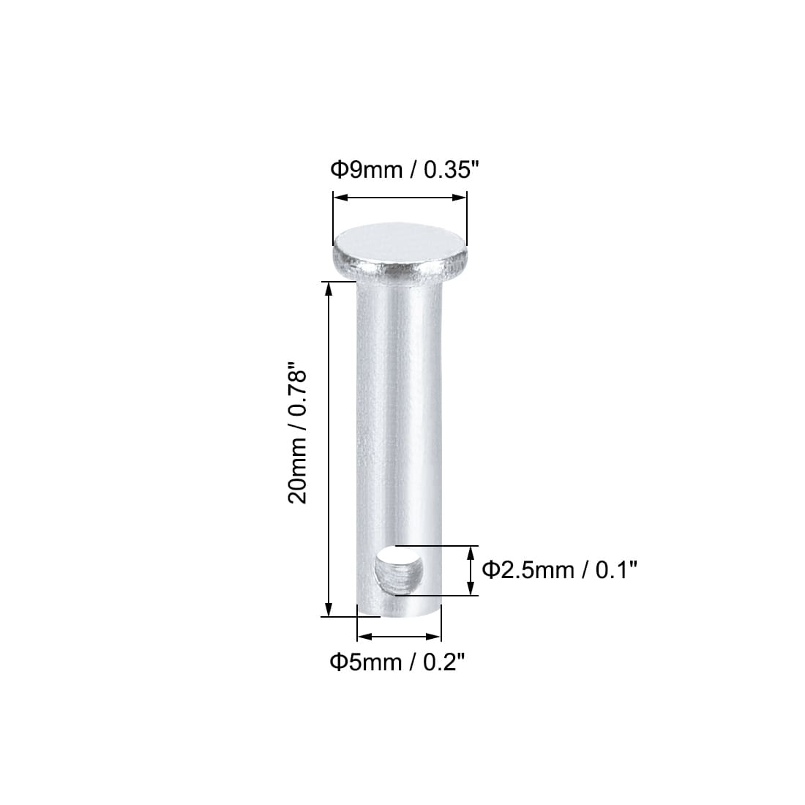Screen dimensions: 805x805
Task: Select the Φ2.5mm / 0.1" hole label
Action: point(559,570)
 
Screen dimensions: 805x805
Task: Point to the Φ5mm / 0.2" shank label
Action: point(397,662)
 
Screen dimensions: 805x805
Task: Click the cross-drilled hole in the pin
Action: point(398,570)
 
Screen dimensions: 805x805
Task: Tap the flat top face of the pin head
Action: point(400,244)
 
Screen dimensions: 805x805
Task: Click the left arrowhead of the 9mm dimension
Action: point(340,198)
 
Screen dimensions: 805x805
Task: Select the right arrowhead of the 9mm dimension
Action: point(460,198)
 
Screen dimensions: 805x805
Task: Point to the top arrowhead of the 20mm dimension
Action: point(329,289)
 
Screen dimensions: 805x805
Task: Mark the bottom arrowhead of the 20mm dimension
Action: point(329,609)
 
